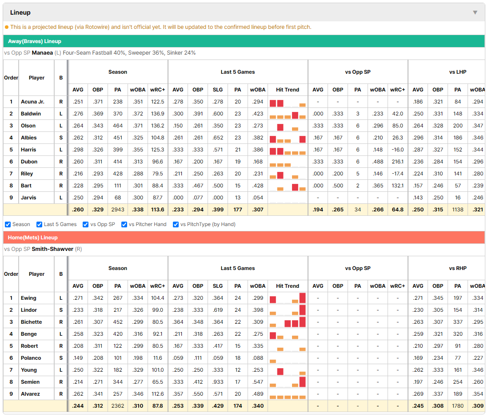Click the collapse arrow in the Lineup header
(x=475, y=12)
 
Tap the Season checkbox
(x=8, y=224)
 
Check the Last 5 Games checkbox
(x=39, y=224)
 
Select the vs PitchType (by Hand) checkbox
(x=176, y=224)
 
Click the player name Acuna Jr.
(x=33, y=102)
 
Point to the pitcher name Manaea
(x=42, y=53)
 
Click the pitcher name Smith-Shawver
(x=52, y=249)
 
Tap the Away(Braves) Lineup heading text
(x=35, y=41)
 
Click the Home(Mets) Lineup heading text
(x=33, y=238)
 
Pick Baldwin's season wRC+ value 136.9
(x=158, y=114)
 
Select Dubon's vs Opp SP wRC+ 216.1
(x=398, y=162)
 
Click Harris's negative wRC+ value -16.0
(x=398, y=150)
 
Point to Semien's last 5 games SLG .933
(x=218, y=382)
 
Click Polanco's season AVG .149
(x=78, y=358)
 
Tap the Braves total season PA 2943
(x=118, y=210)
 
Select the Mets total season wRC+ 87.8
(x=158, y=406)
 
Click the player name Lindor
(x=29, y=310)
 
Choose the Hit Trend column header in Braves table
(x=288, y=90)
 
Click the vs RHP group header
(x=458, y=268)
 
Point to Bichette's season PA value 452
(x=118, y=322)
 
